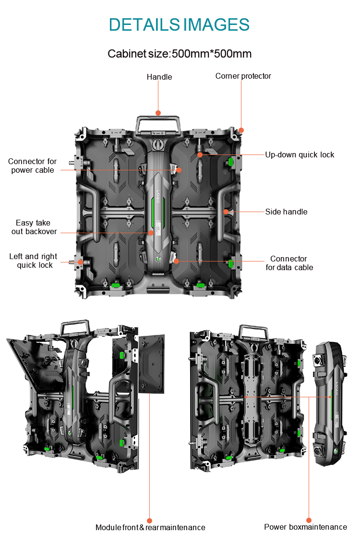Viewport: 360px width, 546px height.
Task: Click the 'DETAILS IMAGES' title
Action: [x=179, y=25]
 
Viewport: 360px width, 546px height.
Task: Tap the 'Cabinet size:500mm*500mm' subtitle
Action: [x=180, y=54]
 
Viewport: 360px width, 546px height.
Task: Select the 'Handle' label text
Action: [x=159, y=77]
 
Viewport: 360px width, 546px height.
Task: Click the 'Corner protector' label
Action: [x=243, y=76]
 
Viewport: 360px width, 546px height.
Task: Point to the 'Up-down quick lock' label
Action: [x=300, y=154]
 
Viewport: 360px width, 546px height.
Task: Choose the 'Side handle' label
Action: [x=287, y=212]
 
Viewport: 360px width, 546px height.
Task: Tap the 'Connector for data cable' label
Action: [x=289, y=263]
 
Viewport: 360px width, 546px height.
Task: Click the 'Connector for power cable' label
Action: [x=33, y=166]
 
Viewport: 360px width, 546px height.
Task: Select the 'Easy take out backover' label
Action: [x=34, y=227]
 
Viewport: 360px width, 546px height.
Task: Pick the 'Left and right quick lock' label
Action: [x=34, y=261]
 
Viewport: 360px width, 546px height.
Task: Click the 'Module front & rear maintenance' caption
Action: [x=150, y=528]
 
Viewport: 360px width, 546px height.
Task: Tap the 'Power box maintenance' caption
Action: [x=306, y=527]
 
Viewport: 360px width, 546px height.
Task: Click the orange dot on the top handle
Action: [x=158, y=113]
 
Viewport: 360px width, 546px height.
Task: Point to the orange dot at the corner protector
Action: [x=241, y=130]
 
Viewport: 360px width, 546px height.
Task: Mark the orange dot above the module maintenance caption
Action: [x=149, y=521]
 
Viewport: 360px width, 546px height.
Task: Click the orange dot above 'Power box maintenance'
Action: [x=309, y=520]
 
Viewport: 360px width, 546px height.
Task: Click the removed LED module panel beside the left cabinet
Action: [x=152, y=364]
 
